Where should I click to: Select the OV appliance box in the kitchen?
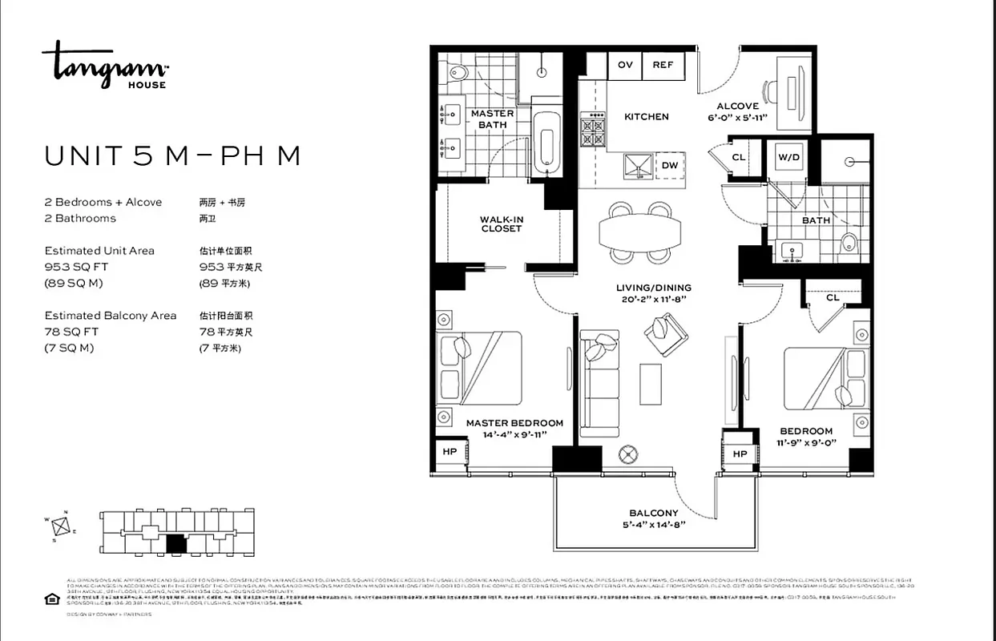(x=625, y=65)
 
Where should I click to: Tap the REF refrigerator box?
(x=663, y=65)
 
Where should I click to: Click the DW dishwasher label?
(x=670, y=166)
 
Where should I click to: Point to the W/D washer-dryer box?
(x=788, y=158)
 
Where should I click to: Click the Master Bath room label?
(x=492, y=119)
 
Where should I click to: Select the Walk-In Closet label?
(x=502, y=224)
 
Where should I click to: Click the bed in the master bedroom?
(x=481, y=369)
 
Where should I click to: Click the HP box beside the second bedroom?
(x=740, y=454)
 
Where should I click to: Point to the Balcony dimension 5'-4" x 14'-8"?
(x=654, y=526)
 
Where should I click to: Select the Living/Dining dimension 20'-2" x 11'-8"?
(x=653, y=299)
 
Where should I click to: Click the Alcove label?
(x=737, y=106)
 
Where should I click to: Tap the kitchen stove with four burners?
(x=593, y=130)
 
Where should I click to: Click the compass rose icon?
(x=59, y=526)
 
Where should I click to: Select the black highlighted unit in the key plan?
(x=176, y=545)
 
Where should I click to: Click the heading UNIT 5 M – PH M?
(x=172, y=155)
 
